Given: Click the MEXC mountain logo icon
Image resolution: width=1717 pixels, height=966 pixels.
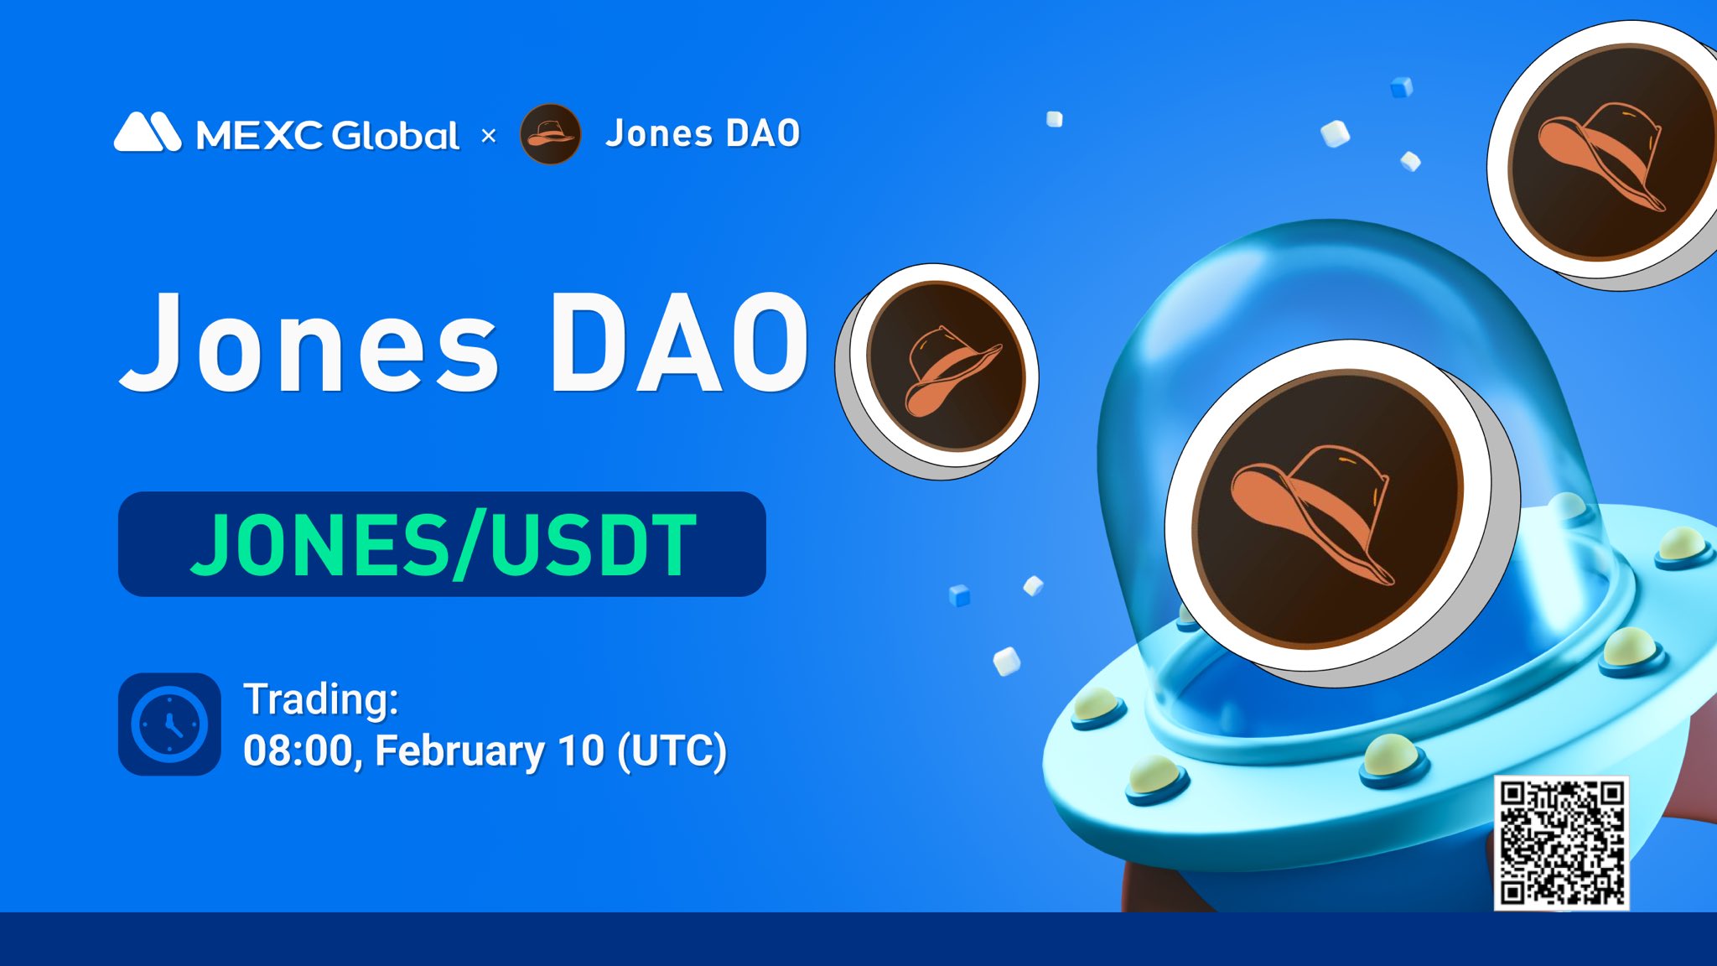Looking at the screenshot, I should pyautogui.click(x=148, y=132).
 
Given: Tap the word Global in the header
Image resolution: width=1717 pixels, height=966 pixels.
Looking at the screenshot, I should pyautogui.click(x=396, y=135).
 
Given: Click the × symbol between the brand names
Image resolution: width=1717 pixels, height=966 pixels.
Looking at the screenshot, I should pyautogui.click(x=489, y=135).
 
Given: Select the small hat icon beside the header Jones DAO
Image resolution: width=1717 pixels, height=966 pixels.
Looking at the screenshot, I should pyautogui.click(x=550, y=134).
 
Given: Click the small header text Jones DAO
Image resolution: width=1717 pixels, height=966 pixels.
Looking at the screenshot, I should pyautogui.click(x=703, y=134).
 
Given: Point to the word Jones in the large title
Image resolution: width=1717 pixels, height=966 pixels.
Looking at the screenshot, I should pyautogui.click(x=310, y=344).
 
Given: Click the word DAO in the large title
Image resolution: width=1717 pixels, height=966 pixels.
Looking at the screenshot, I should pyautogui.click(x=679, y=344).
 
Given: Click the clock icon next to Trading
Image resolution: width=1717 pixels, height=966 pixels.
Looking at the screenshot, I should pyautogui.click(x=169, y=724).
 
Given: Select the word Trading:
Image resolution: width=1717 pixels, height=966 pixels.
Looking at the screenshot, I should pyautogui.click(x=320, y=699).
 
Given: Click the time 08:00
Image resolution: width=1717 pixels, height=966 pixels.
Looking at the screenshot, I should pyautogui.click(x=298, y=750).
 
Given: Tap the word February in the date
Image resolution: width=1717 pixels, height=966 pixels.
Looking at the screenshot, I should pyautogui.click(x=459, y=750).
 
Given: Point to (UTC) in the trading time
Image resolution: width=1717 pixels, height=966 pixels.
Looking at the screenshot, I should pyautogui.click(x=672, y=750).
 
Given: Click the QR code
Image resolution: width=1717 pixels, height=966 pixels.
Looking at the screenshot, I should pyautogui.click(x=1561, y=842).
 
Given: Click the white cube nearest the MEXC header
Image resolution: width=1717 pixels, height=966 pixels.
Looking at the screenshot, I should pyautogui.click(x=1055, y=119).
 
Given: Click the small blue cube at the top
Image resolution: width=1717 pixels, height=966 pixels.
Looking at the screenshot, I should pyautogui.click(x=1401, y=87).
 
